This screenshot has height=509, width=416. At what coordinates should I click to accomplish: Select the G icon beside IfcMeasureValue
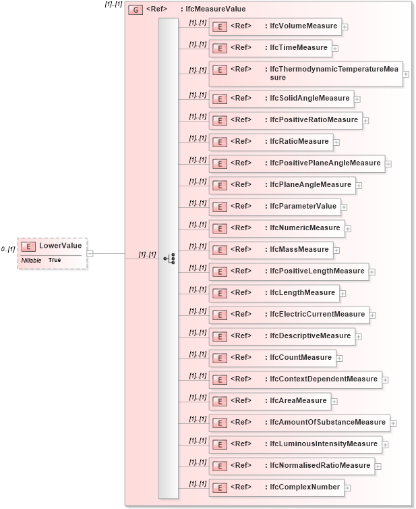point(135,10)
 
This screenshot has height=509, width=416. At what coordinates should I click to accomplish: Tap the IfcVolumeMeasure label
point(303,26)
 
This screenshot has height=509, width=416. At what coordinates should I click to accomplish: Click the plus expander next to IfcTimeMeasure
point(335,48)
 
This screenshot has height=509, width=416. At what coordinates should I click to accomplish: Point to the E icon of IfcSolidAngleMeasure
point(219,99)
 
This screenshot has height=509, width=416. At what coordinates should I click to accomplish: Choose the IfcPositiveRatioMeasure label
point(314,120)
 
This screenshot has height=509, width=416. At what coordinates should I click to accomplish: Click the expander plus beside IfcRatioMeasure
point(336,142)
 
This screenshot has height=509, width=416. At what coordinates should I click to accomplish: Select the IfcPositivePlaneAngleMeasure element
point(297,163)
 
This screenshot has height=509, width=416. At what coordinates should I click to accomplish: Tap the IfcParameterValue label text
point(303,207)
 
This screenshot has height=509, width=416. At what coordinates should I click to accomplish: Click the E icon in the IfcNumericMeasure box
point(219,228)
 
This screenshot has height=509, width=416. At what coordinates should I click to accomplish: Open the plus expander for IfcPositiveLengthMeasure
point(372,272)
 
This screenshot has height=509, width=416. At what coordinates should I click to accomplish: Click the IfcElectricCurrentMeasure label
point(317,315)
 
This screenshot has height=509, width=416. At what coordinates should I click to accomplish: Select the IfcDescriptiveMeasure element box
point(281,336)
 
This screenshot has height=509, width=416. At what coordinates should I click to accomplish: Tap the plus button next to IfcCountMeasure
point(340,358)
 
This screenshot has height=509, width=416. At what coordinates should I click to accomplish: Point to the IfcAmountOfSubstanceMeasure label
point(328,423)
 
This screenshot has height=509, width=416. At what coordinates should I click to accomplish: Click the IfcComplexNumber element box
point(276,487)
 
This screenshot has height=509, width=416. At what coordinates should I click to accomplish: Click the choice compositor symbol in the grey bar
point(169,259)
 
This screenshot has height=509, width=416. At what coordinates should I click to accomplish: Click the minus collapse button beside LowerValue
point(90,254)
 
